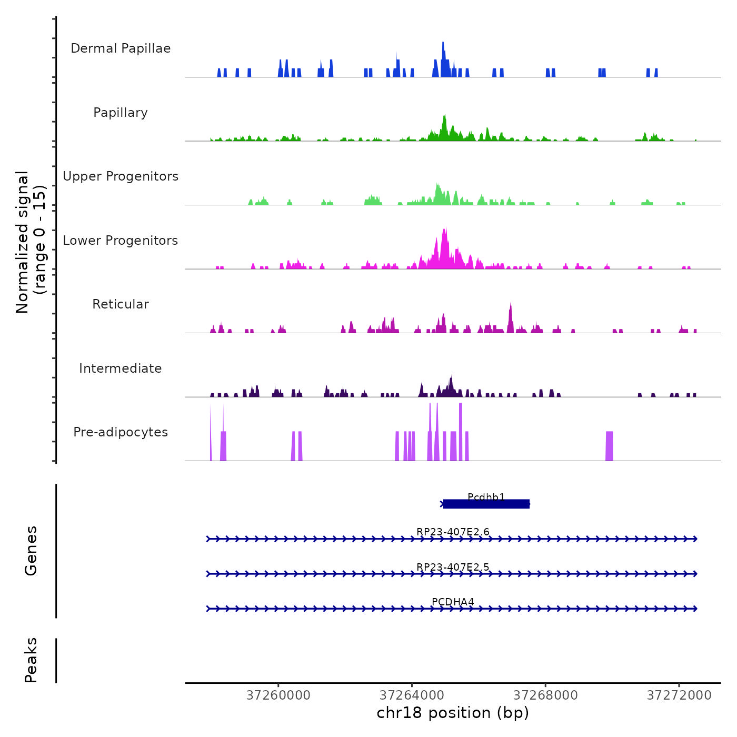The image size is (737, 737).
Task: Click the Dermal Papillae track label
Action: pyautogui.click(x=121, y=48)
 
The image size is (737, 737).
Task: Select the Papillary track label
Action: pyautogui.click(x=121, y=113)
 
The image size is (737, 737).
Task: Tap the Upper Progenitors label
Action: pyautogui.click(x=121, y=176)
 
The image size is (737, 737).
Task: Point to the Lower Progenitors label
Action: pyautogui.click(x=121, y=241)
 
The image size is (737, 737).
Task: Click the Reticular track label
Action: pyautogui.click(x=121, y=304)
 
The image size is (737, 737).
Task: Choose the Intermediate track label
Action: pyautogui.click(x=121, y=368)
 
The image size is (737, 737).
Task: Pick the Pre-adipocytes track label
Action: pyautogui.click(x=121, y=432)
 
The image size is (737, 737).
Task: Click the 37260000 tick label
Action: pyautogui.click(x=278, y=695)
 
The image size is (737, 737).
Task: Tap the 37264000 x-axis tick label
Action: pyautogui.click(x=412, y=695)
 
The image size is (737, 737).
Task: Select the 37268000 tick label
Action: pyautogui.click(x=545, y=695)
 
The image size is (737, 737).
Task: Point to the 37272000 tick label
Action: pyautogui.click(x=679, y=695)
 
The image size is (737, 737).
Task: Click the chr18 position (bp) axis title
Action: pyautogui.click(x=453, y=713)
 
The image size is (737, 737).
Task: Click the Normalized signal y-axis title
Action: pyautogui.click(x=31, y=242)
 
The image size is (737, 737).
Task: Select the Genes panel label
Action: pyautogui.click(x=31, y=551)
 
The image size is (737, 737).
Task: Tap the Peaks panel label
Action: pyautogui.click(x=31, y=660)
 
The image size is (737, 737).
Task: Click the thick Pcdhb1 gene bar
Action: pyautogui.click(x=486, y=504)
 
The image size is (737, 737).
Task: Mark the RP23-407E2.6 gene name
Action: pyautogui.click(x=453, y=532)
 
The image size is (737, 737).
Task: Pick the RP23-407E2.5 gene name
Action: pyautogui.click(x=453, y=567)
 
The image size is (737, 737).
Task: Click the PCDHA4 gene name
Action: pyautogui.click(x=453, y=602)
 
